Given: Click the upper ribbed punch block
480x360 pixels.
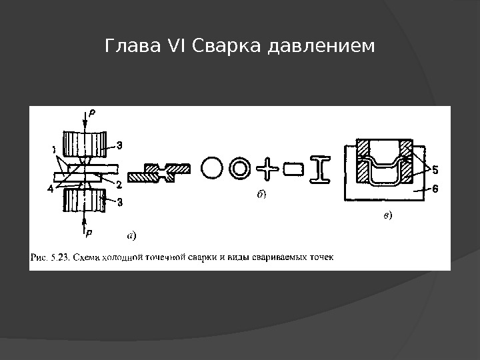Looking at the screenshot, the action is coord(84,143).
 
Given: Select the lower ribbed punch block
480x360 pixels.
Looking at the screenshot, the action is coord(84,199).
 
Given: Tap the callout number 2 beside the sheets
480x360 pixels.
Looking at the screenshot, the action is coord(117,183).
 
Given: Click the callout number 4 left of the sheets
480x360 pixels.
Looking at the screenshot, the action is coord(51,189).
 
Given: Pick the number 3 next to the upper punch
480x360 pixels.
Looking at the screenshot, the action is coord(119,145).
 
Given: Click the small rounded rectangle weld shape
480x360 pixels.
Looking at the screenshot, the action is coord(293,169).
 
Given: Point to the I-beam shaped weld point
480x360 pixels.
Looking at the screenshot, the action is coord(321,169).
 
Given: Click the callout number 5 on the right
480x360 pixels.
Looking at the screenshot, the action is coord(433,169).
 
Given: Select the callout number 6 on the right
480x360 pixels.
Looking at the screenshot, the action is coord(435,189).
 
